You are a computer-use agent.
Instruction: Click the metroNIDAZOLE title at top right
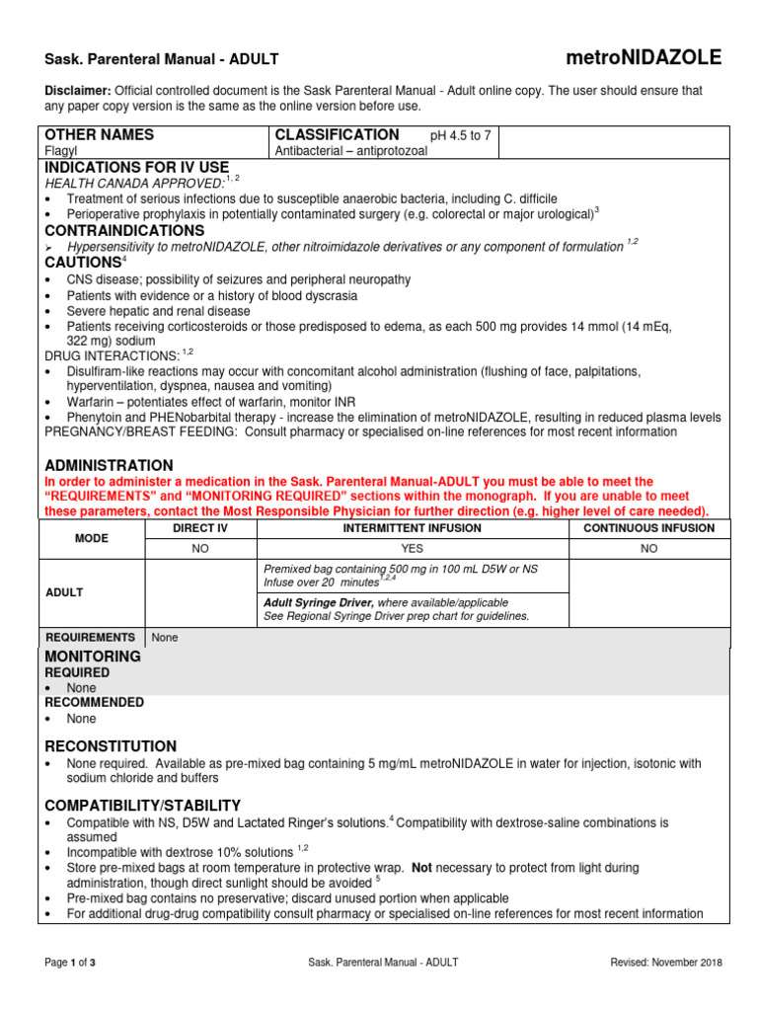643,57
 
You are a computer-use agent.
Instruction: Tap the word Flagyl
61,152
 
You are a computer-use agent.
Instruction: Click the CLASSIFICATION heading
337,135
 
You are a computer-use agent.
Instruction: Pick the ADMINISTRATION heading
110,465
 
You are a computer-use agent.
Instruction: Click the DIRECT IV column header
200,528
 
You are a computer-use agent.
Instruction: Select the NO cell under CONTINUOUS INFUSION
648,547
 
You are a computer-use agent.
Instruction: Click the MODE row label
91,538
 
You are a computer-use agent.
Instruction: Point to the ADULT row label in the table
64,592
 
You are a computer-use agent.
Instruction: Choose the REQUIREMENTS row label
91,638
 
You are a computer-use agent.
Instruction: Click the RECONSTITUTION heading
112,746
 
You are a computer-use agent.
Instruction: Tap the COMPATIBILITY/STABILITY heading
143,806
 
